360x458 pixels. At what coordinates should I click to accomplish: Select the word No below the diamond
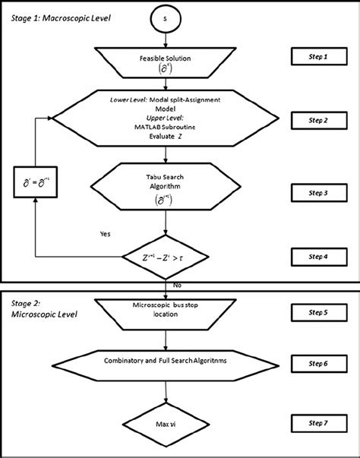click(178, 284)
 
